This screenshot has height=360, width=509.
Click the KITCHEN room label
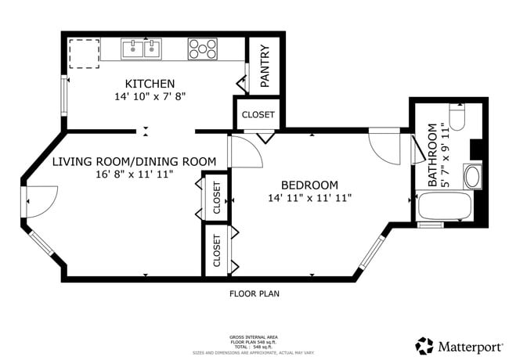click(x=150, y=84)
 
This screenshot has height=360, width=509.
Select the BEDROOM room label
click(x=309, y=185)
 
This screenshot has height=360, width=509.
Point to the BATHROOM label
click(x=432, y=154)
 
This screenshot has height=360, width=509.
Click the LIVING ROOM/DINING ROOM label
click(x=134, y=161)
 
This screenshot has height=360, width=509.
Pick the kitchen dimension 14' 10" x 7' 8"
click(x=150, y=97)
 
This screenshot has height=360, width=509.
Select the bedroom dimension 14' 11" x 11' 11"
click(x=309, y=198)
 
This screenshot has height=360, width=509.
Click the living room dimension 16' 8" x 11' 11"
click(x=134, y=175)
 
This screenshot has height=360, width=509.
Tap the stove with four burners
click(x=202, y=49)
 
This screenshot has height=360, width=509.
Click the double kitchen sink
click(x=141, y=50)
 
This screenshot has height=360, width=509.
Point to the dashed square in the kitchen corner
click(x=81, y=53)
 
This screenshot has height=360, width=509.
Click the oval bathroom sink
click(x=473, y=176)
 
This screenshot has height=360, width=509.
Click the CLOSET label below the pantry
click(x=258, y=114)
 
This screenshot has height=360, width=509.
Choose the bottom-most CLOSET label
click(x=217, y=250)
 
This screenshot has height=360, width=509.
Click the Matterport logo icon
click(x=424, y=345)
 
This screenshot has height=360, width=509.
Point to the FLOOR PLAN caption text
click(x=254, y=294)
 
